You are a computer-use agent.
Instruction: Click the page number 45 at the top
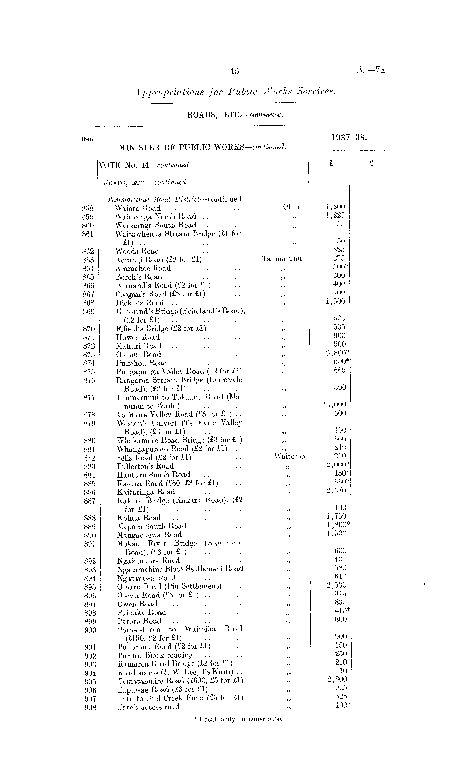coord(234,71)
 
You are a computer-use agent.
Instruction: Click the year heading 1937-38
coord(349,138)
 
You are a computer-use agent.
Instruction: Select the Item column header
coord(88,139)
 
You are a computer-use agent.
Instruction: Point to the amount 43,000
coord(334,404)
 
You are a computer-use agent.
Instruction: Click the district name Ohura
coord(293,207)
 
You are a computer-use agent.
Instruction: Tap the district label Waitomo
coord(289,456)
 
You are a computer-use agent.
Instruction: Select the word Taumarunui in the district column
coord(283,259)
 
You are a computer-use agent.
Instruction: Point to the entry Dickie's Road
coord(140,303)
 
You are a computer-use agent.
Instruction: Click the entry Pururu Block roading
coord(155,655)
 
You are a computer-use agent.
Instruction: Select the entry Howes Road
coord(138,337)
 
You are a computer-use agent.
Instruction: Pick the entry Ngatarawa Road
coord(146,578)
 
